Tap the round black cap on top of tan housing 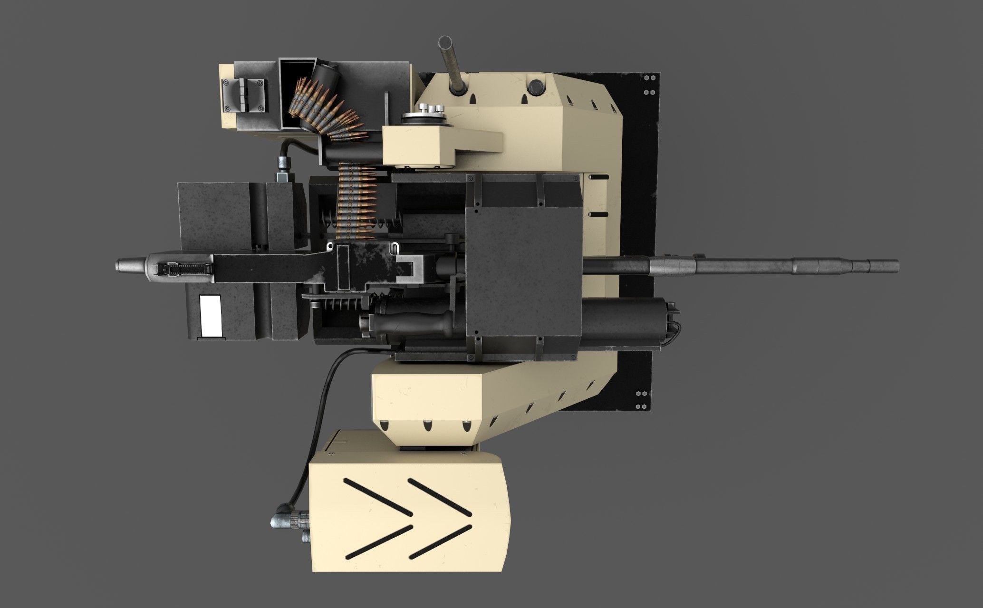pyautogui.click(x=536, y=87)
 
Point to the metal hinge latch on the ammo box pyautogui.click(x=244, y=95)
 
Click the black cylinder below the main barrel pyautogui.click(x=627, y=320)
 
